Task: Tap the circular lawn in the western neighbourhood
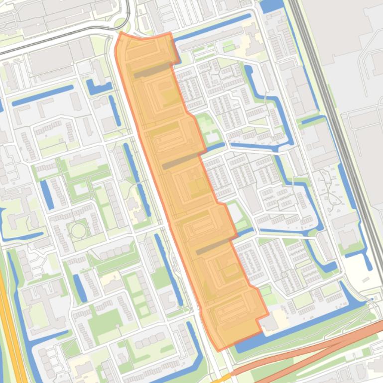point(78,230)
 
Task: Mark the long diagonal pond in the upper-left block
point(42,95)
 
